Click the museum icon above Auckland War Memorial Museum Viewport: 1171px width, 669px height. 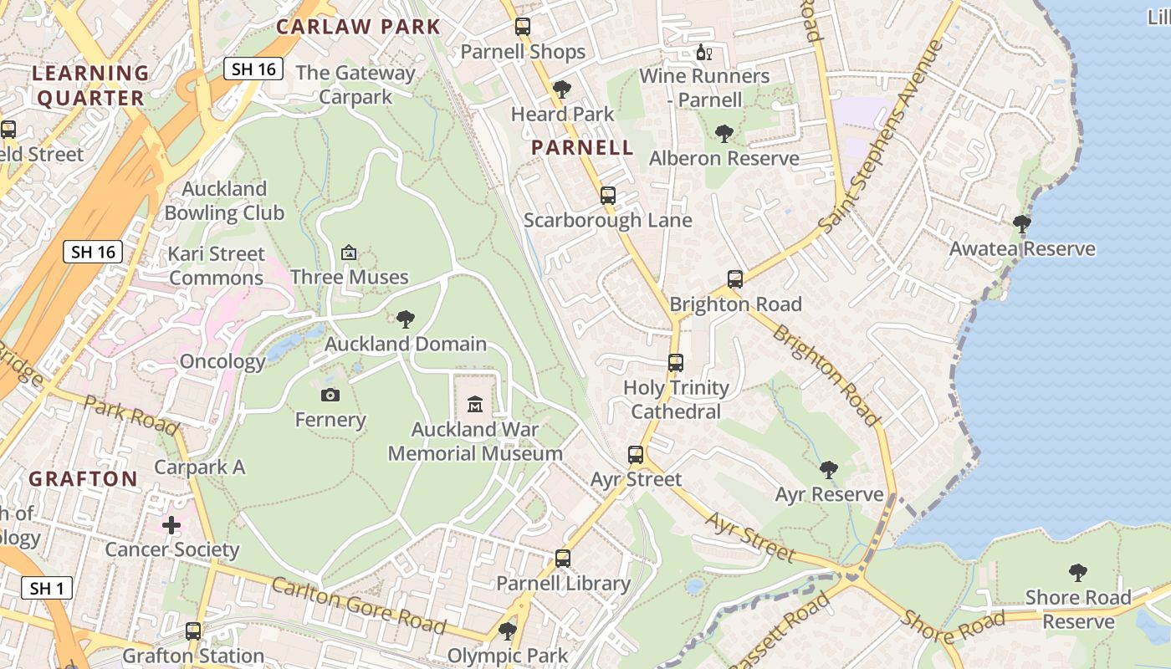tap(475, 405)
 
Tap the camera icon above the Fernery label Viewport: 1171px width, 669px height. tap(330, 395)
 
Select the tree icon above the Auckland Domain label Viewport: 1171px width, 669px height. tap(406, 319)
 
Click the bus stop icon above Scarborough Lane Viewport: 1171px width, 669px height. tap(608, 196)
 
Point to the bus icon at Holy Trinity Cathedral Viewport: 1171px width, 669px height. tap(676, 363)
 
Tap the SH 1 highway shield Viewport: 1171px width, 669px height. tap(47, 588)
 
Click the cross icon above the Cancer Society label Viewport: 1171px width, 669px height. tap(171, 525)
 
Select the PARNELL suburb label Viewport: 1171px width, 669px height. tap(582, 148)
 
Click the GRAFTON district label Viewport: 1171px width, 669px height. tap(84, 479)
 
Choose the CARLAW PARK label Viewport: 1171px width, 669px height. tap(358, 26)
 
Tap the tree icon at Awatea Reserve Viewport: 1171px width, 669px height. tap(1021, 223)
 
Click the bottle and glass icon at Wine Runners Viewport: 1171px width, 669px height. tap(704, 53)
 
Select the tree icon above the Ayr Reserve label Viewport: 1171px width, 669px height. tap(829, 469)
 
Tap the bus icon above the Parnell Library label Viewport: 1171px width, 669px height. tap(563, 558)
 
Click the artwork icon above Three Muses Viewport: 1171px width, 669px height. tap(349, 252)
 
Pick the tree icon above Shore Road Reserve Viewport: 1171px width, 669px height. tap(1078, 573)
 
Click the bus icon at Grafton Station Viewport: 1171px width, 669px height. tap(193, 631)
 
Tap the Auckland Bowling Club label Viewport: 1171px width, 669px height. tap(224, 201)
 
